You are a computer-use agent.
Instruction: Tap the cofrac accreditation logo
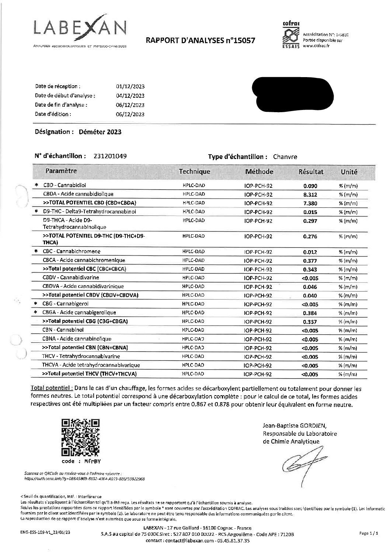(290, 36)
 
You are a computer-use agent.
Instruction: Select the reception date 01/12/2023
(130, 87)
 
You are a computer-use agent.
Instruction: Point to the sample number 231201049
(110, 156)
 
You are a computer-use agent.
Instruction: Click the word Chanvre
(285, 157)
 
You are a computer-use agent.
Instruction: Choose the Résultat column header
(310, 172)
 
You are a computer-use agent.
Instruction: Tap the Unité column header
(349, 172)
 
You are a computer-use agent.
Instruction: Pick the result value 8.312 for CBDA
(310, 194)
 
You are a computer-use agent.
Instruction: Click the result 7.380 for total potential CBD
(310, 203)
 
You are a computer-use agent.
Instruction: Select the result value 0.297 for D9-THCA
(310, 221)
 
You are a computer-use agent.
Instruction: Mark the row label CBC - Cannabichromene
(71, 251)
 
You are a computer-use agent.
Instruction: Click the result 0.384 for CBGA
(310, 313)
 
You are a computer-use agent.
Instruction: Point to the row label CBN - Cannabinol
(63, 330)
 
